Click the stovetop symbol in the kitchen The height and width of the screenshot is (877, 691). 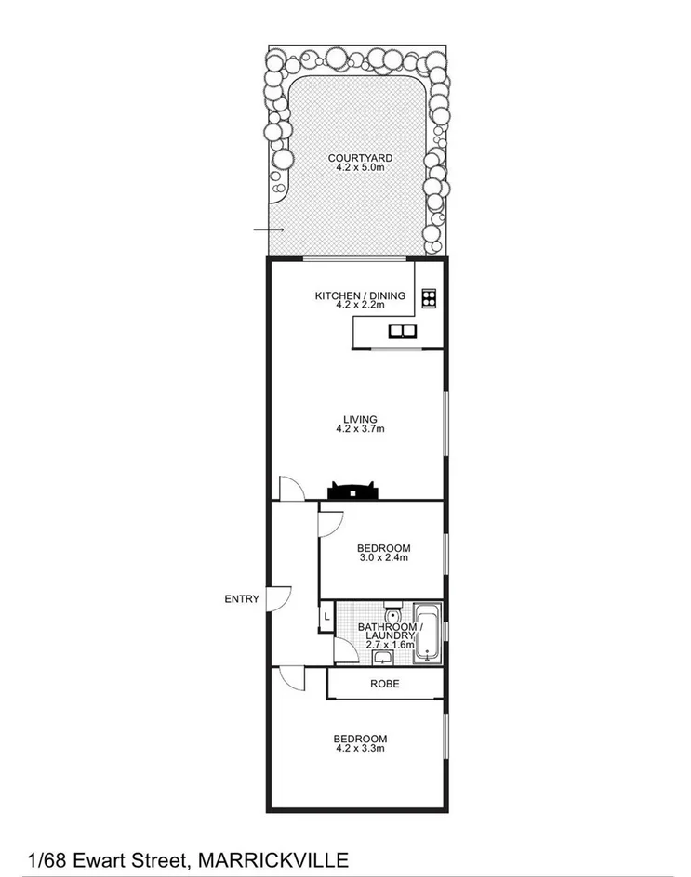(x=429, y=298)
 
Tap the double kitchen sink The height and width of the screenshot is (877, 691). (x=403, y=331)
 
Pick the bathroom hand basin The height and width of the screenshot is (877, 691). (x=383, y=658)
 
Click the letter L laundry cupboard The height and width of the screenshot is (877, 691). (x=326, y=615)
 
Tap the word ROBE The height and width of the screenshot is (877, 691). (x=385, y=684)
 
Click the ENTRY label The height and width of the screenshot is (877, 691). (x=242, y=599)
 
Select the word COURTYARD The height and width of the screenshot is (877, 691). (x=354, y=158)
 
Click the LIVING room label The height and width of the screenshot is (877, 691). (x=360, y=420)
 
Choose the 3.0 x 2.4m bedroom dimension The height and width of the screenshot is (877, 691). (x=383, y=558)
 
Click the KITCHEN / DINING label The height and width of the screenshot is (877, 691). (x=360, y=295)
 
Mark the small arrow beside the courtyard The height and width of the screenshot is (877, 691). (x=269, y=229)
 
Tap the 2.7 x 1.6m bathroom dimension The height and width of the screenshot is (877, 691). (x=390, y=645)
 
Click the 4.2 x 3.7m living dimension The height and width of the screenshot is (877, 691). (x=360, y=429)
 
